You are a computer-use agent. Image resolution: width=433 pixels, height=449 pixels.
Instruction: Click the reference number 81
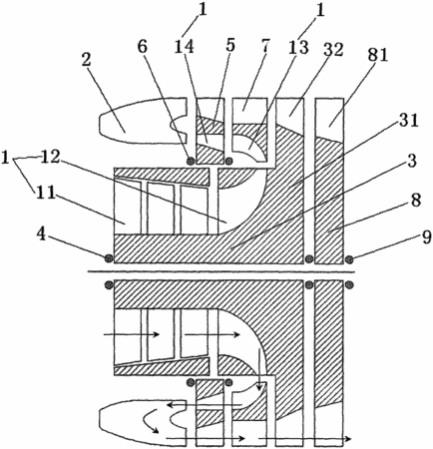click(x=376, y=55)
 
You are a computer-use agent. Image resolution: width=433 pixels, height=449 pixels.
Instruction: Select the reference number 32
click(x=331, y=50)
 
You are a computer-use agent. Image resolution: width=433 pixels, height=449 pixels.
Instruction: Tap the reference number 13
click(x=298, y=48)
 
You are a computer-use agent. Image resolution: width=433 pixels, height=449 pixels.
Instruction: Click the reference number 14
click(x=184, y=47)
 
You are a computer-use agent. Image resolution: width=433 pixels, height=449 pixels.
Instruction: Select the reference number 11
click(x=45, y=193)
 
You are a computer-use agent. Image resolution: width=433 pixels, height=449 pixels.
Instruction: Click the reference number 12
click(x=50, y=158)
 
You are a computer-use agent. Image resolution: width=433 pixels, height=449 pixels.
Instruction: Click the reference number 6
click(x=143, y=47)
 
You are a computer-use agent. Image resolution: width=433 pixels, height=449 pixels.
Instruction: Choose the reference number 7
click(x=265, y=47)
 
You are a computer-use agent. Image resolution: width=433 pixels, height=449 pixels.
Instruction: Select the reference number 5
click(x=230, y=45)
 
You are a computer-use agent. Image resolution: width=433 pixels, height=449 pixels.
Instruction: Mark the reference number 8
click(x=416, y=201)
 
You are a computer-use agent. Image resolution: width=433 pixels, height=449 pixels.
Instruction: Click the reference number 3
click(x=411, y=161)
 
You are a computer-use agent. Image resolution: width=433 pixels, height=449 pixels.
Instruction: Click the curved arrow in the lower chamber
click(x=151, y=421)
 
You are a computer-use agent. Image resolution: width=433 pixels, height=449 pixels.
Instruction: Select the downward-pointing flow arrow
click(x=258, y=369)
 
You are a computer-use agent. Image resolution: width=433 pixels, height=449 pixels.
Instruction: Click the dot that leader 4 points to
click(x=109, y=258)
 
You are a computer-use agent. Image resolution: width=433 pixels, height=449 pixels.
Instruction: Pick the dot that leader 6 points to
click(x=191, y=162)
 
